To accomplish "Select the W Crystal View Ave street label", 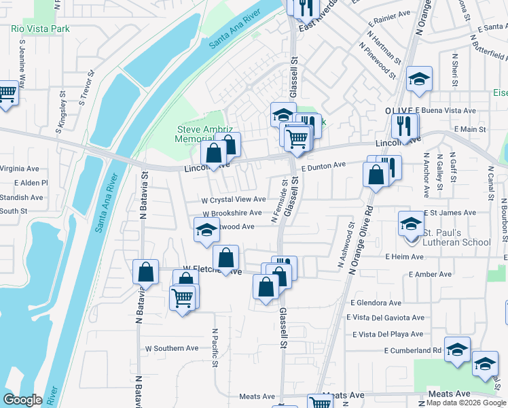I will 234,200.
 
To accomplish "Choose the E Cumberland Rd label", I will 413,351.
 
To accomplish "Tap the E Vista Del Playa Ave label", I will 388,334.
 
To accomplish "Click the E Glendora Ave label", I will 376,303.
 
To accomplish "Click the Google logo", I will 22,400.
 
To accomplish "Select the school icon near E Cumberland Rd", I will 458,350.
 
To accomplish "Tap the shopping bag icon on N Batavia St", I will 145,273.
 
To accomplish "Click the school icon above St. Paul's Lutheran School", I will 411,223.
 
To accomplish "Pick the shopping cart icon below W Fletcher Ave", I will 182,298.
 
